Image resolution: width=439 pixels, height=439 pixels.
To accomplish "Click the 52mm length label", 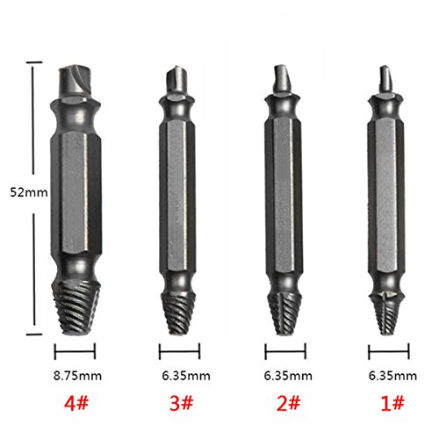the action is point(29,192).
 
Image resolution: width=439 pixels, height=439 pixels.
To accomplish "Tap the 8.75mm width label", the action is point(77,376).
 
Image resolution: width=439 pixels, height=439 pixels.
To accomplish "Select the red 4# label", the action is point(76,403).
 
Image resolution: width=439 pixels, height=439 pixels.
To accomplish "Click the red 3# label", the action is point(182,403).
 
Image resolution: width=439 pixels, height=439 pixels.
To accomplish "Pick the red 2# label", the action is point(288,403).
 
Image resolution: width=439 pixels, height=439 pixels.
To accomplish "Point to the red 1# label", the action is point(392,403).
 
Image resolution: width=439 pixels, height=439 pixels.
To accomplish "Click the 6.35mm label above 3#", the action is point(186,376).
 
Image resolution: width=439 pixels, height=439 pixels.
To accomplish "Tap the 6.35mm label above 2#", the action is point(288,376).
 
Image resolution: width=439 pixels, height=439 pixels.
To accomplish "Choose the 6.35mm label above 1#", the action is point(392,376).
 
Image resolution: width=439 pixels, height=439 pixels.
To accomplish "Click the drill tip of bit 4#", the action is point(76,81).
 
